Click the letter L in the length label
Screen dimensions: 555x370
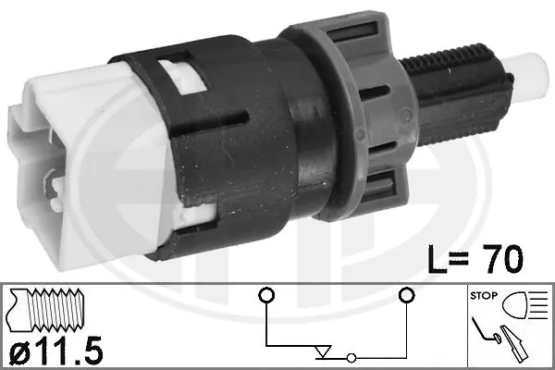pos(438,258)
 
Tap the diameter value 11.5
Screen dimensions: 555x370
pos(69,351)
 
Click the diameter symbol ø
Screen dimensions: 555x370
pos(20,351)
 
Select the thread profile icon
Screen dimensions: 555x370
pos(45,310)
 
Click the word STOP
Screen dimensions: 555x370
pos(484,295)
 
